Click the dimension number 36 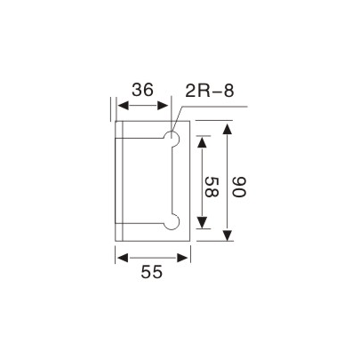click(144, 91)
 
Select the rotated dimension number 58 click(209, 187)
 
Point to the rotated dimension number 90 click(238, 187)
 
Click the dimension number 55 click(152, 275)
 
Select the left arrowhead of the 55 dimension click(120, 256)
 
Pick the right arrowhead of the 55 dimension click(185, 256)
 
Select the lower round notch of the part click(172, 221)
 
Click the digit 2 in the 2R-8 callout click(190, 91)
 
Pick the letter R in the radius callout click(203, 91)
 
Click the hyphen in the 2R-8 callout click(216, 92)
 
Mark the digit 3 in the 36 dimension click(137, 91)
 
